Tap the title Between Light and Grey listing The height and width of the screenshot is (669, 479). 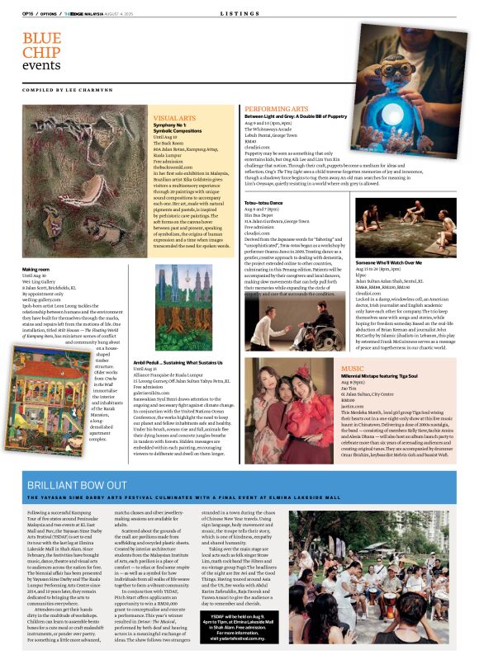point(295,117)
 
